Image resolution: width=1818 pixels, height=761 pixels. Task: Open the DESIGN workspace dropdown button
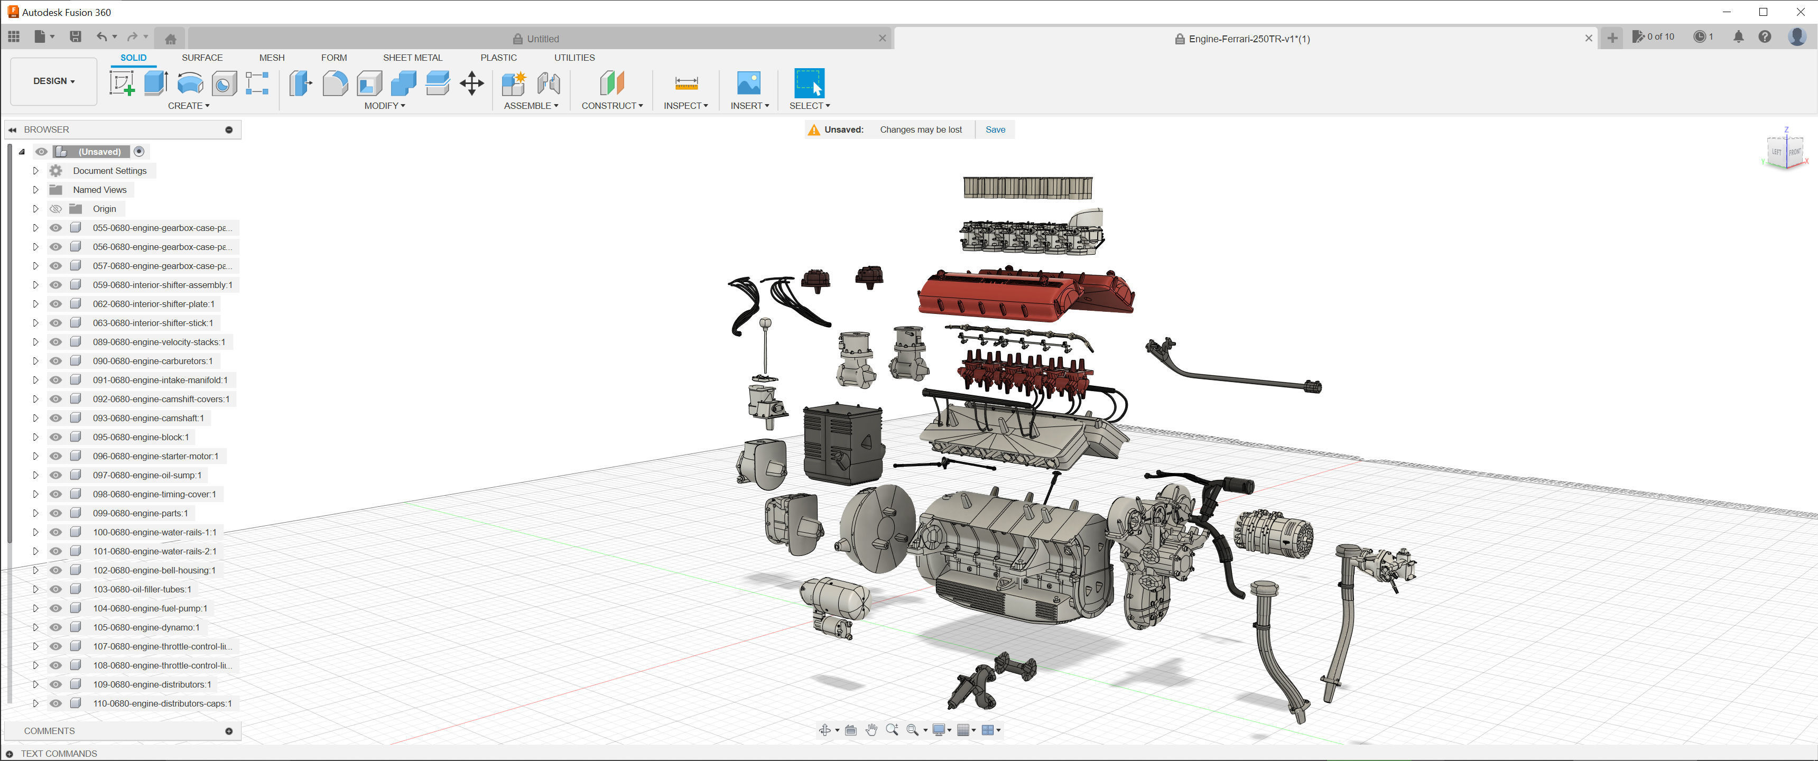click(x=53, y=81)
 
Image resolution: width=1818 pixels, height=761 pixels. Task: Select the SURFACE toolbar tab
click(x=202, y=57)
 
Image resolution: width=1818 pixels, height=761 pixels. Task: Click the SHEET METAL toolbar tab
click(x=412, y=57)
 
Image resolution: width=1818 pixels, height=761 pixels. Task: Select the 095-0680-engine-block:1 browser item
click(x=141, y=437)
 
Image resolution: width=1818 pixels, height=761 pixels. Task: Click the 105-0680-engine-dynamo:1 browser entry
click(x=145, y=627)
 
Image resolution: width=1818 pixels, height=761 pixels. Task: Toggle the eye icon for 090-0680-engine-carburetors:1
click(x=55, y=361)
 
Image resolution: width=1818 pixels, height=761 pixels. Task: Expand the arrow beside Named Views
click(x=35, y=190)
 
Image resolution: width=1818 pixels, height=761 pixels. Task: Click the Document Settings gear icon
click(x=55, y=171)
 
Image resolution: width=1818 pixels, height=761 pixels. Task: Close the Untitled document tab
click(x=882, y=38)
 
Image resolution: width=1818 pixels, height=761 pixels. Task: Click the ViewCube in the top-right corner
click(x=1785, y=151)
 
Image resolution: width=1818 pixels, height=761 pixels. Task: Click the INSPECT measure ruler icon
click(x=686, y=83)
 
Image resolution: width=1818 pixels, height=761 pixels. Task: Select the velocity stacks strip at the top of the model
click(x=1027, y=187)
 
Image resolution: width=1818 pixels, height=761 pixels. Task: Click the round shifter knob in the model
click(x=765, y=323)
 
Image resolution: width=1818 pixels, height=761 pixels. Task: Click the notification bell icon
click(x=1738, y=36)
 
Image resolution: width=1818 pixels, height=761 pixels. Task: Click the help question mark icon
click(x=1765, y=36)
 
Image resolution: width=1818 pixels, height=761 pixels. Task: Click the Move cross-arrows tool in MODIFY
click(x=471, y=83)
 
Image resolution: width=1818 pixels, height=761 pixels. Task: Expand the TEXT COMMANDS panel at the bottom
click(x=10, y=753)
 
